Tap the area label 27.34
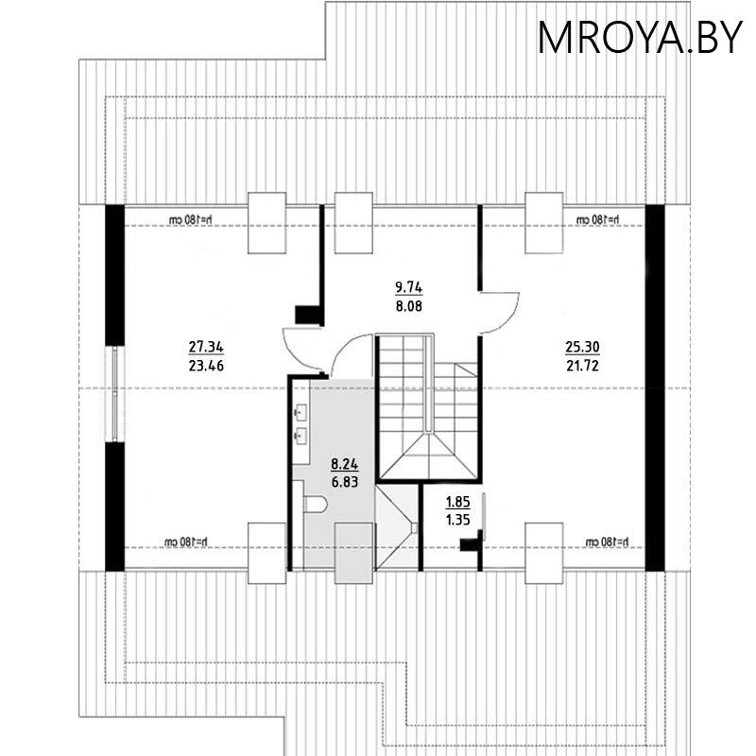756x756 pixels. tap(205, 346)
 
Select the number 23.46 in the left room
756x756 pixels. tap(205, 362)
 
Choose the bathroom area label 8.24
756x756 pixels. tap(344, 464)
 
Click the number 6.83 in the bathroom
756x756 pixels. tap(344, 480)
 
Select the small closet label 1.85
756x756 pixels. tap(457, 503)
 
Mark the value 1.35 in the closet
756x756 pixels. tap(457, 519)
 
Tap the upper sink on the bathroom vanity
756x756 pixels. tap(302, 413)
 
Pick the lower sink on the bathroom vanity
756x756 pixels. tap(302, 437)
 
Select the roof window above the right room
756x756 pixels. tap(543, 223)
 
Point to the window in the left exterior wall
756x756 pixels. tap(115, 392)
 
